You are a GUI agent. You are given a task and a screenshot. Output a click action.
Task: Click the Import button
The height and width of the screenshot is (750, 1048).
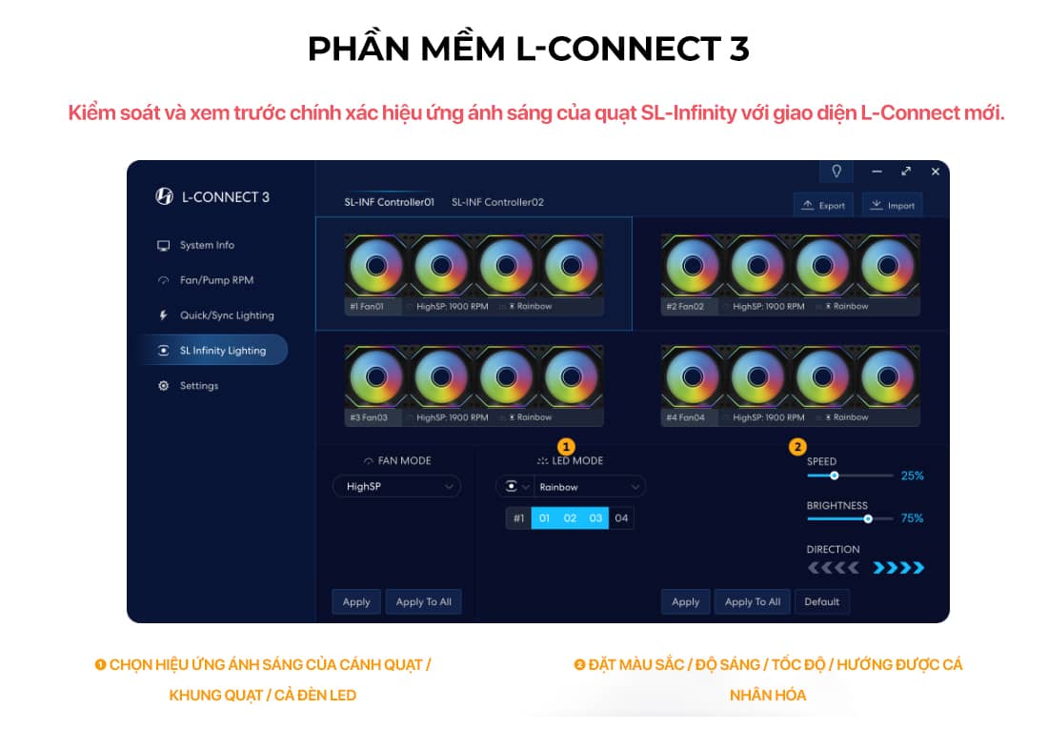pos(892,205)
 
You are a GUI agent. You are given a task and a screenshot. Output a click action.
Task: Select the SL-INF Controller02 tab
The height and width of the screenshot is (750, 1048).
pos(497,202)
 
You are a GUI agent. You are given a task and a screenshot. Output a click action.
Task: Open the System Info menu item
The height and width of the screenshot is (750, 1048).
pos(207,245)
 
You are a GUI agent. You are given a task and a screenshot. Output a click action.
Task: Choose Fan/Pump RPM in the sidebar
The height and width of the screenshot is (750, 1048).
pos(216,280)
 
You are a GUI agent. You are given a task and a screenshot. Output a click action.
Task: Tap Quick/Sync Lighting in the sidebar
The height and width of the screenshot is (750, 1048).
pos(227,315)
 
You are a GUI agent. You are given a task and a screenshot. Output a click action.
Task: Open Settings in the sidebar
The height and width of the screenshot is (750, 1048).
pos(199,386)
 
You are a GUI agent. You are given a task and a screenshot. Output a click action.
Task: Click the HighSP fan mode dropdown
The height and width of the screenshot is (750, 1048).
pos(396,486)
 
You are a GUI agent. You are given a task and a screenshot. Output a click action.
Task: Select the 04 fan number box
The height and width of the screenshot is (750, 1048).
pos(621,518)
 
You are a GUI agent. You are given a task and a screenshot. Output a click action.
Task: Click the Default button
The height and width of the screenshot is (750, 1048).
pos(821,601)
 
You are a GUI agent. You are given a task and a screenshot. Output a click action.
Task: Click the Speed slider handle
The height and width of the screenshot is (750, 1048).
pos(835,475)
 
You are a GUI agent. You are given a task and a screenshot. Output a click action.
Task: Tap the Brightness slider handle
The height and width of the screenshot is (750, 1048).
pos(868,518)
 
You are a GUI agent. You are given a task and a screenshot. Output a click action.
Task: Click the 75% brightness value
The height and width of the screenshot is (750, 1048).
pos(912,518)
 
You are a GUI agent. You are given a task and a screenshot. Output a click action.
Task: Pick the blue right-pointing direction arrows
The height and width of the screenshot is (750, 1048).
pos(899,568)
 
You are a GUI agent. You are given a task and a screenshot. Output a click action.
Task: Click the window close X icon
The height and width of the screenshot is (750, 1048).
pos(935,172)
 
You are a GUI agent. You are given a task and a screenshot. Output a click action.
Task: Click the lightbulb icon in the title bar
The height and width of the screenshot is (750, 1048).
pos(836,172)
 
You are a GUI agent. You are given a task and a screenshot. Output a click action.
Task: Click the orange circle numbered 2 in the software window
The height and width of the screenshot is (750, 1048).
pos(797,446)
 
